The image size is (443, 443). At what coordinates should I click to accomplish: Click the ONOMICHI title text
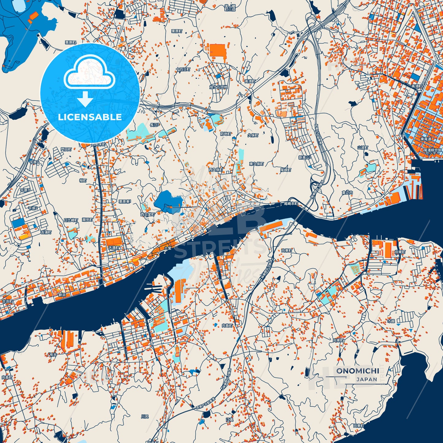[357, 371]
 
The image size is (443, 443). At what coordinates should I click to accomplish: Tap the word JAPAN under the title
[367, 380]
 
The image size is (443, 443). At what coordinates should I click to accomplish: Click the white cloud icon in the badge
[89, 75]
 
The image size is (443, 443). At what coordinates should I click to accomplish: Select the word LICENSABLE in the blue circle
[90, 117]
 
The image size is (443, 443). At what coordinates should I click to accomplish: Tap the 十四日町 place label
[183, 70]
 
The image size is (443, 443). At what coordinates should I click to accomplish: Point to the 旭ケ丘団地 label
[218, 87]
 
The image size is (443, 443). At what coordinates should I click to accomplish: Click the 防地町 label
[226, 134]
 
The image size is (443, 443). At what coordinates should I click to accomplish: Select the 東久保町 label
[256, 164]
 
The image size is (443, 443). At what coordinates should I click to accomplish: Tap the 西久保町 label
[216, 170]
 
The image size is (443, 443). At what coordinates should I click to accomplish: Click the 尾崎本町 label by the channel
[291, 204]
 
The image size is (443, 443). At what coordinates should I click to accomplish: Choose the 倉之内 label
[347, 193]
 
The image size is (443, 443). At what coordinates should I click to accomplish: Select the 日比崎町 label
[71, 220]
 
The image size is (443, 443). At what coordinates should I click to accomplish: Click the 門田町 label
[66, 149]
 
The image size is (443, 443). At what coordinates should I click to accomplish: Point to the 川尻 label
[145, 416]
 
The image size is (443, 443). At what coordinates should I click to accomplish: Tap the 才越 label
[391, 321]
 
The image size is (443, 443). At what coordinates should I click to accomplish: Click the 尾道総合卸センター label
[432, 151]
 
